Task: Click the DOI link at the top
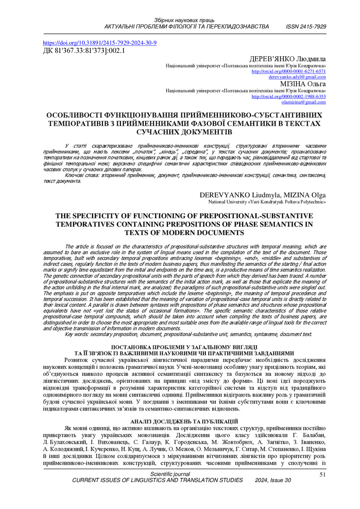100,43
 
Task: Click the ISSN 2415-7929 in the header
306,26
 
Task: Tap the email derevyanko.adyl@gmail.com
297,77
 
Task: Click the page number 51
322,475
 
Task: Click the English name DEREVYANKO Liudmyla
235,195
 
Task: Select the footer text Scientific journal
170,475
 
